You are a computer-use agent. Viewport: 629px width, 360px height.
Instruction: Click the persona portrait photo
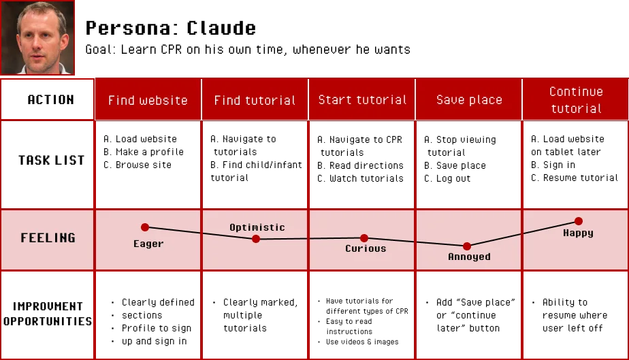click(37, 37)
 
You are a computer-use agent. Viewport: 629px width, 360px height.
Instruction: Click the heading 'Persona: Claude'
click(170, 28)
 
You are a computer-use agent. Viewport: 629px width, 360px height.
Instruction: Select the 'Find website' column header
click(148, 100)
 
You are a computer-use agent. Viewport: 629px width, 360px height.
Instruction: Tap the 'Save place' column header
click(469, 99)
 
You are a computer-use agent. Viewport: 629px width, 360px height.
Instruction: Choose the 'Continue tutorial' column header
click(576, 100)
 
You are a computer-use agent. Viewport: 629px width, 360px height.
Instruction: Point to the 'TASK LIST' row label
click(51, 161)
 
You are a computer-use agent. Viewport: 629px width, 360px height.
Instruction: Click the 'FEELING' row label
click(48, 238)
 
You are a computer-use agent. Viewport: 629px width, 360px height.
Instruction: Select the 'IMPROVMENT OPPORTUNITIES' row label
click(48, 314)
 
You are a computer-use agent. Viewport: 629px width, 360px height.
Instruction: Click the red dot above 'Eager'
click(145, 227)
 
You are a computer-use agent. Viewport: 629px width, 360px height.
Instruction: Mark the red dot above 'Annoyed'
click(466, 246)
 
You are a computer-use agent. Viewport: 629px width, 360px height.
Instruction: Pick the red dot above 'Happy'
click(578, 221)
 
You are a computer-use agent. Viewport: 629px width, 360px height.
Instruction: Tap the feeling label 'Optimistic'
click(257, 227)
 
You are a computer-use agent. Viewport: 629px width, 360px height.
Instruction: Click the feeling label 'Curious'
click(366, 248)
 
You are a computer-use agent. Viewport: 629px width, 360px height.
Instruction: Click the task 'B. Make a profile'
click(143, 152)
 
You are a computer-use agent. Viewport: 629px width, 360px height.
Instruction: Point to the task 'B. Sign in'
click(553, 165)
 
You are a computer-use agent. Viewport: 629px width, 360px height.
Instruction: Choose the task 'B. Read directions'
click(360, 165)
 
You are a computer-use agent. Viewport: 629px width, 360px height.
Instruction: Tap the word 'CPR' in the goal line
click(172, 49)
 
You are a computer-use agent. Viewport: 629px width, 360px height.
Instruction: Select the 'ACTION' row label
click(50, 99)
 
